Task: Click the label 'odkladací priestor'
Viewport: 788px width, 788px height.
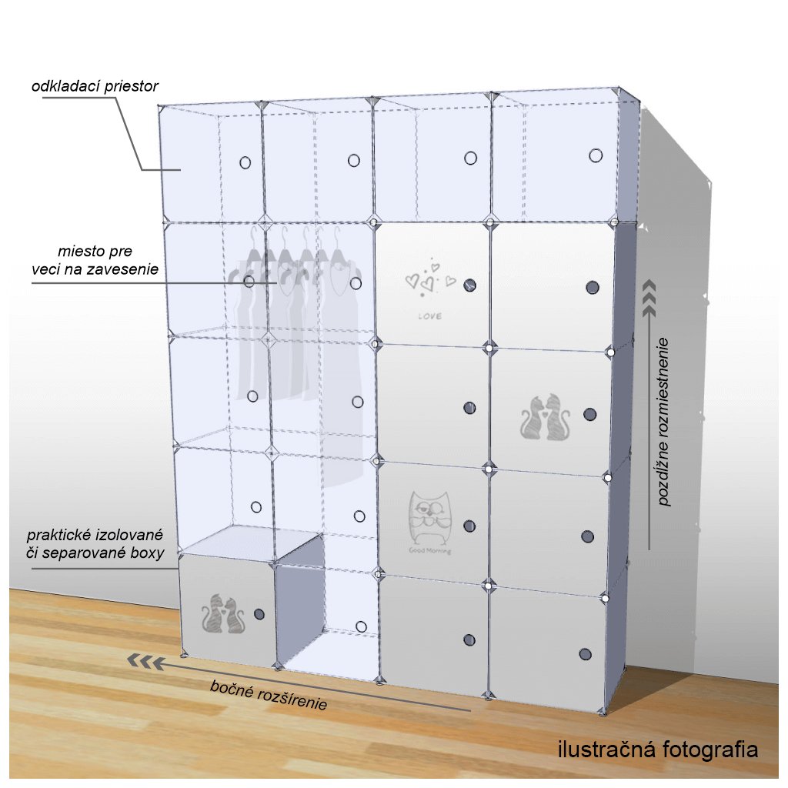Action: (95, 86)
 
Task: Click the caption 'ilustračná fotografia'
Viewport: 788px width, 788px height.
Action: (657, 750)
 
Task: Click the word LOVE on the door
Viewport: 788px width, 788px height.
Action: (430, 316)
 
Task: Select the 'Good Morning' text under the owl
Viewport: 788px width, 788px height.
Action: (430, 551)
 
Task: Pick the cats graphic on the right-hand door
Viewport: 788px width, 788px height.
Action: (546, 419)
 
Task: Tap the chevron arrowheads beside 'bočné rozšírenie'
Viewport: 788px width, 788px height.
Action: (145, 661)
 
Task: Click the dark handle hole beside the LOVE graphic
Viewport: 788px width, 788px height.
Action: (470, 285)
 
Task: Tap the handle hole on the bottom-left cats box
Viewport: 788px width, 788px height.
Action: (259, 614)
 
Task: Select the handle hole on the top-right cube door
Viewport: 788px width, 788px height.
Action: (595, 155)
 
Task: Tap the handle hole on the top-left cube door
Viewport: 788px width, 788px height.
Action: (245, 162)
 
